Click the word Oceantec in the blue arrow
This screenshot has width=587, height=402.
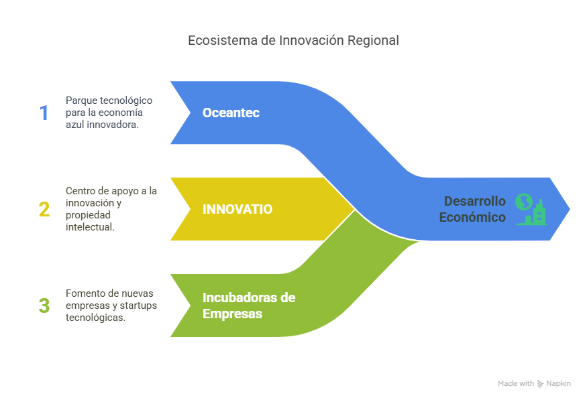[231, 113]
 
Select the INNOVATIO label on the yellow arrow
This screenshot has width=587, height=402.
[237, 209]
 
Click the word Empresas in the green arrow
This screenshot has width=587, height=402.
[232, 314]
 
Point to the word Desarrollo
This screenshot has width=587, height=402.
[475, 201]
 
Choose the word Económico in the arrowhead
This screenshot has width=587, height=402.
[472, 217]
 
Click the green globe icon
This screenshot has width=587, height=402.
[524, 202]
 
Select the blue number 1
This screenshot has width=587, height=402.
[44, 113]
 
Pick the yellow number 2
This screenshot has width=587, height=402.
[44, 210]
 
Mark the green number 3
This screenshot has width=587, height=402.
[44, 306]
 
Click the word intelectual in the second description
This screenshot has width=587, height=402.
[90, 227]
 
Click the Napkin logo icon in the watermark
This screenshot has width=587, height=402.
[540, 384]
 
